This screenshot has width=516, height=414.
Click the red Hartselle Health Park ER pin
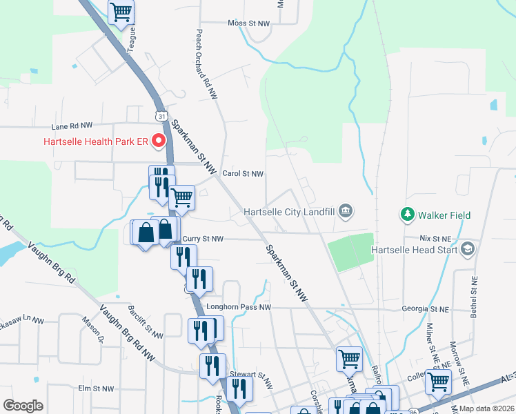pos(159,142)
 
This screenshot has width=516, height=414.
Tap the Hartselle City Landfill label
pos(290,212)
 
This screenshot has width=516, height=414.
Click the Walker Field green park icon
pos(407,215)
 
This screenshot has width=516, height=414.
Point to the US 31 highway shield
pos(161,115)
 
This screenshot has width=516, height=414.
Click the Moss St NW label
pos(248,23)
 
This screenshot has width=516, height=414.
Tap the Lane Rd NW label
pos(72,126)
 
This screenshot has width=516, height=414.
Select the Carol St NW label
pos(243,174)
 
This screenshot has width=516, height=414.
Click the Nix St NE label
pos(435,237)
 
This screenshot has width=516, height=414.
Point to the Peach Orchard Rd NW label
pos(206,62)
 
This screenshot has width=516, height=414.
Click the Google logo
pos(23,406)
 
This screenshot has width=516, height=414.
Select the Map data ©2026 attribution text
pos(486,408)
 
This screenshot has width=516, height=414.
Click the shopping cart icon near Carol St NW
pos(181,197)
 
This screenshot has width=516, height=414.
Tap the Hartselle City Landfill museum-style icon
pos(346,210)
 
